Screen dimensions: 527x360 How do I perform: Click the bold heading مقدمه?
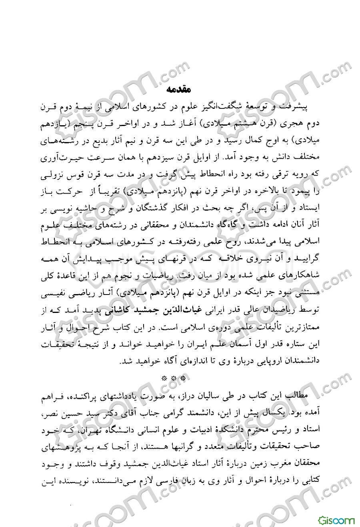pos(180,88)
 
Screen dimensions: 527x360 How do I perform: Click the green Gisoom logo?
pos(336,521)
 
